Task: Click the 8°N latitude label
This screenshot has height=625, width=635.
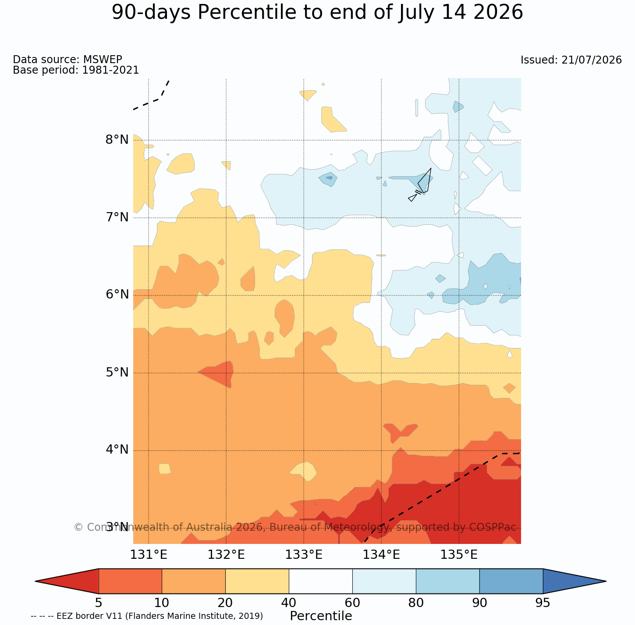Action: tap(117, 140)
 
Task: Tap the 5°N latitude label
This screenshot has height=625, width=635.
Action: tap(117, 373)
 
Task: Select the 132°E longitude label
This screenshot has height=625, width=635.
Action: tap(226, 555)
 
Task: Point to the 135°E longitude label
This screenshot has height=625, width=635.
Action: tap(459, 555)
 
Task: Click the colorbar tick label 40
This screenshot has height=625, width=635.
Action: tap(289, 603)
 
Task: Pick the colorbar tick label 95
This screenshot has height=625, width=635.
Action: tap(543, 603)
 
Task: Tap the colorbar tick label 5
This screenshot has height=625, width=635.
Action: tap(99, 603)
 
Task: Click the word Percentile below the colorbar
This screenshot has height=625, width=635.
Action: tap(321, 616)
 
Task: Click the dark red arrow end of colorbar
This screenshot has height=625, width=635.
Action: tap(67, 581)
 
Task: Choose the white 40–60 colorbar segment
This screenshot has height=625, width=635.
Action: tap(321, 581)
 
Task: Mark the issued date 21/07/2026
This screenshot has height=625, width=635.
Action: tap(592, 60)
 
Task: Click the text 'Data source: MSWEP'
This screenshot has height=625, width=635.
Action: tap(67, 59)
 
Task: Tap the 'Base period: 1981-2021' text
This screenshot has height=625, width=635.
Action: tap(76, 70)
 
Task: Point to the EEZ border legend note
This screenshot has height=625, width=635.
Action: tap(147, 616)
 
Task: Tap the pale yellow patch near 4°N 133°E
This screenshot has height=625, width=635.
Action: tap(304, 471)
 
